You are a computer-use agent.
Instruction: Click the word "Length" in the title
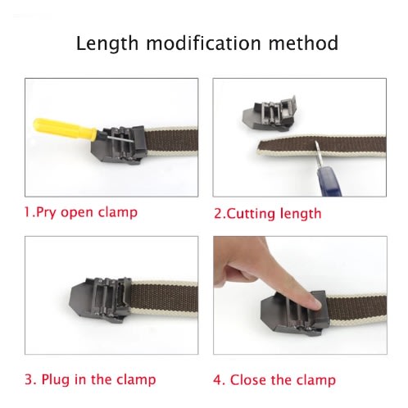coord(107,43)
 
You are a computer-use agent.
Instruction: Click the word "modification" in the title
coord(203,43)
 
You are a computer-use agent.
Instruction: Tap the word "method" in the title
coord(303,43)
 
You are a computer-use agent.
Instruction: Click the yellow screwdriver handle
coord(65,129)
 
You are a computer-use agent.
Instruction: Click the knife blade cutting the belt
coord(318,154)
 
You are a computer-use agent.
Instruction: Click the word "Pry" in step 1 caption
coord(46,212)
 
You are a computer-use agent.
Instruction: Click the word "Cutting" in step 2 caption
coord(251,214)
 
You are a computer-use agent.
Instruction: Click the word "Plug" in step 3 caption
coord(56,379)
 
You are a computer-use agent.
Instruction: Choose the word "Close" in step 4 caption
coord(247,380)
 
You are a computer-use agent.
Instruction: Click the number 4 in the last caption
coord(217,380)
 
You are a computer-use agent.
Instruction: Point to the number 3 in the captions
coord(29,379)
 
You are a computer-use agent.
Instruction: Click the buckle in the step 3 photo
coord(101,300)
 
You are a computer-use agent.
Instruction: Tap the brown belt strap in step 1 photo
coord(171,141)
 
